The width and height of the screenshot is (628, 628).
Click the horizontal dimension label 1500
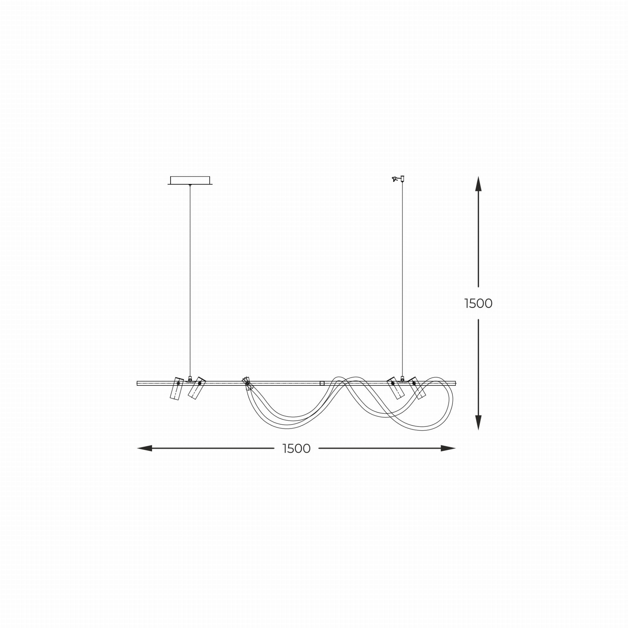click(297, 449)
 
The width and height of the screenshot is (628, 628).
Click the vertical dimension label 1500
click(478, 304)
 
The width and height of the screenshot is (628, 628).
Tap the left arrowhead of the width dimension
click(145, 449)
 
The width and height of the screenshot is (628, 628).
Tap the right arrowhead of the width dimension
click(448, 449)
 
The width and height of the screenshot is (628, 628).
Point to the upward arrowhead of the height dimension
click(478, 184)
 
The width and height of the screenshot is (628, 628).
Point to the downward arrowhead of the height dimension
click(478, 423)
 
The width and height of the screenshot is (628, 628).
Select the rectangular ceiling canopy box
click(190, 180)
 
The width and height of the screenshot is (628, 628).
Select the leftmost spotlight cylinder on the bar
click(177, 389)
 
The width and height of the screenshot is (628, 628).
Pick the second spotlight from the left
click(197, 388)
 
